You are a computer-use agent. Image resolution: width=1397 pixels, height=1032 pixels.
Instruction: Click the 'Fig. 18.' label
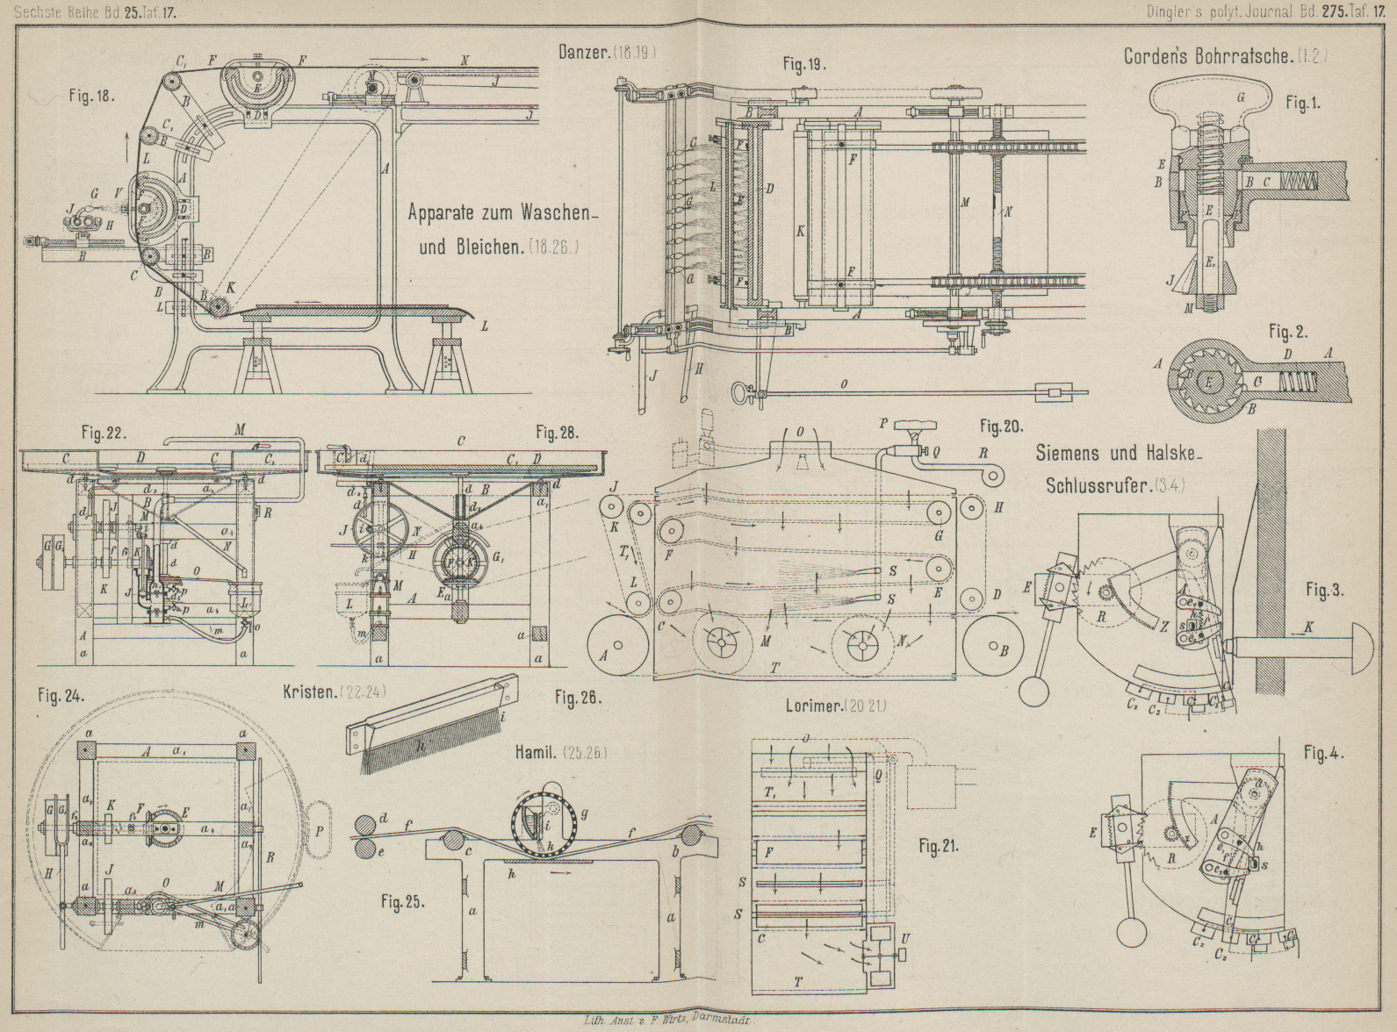[92, 96]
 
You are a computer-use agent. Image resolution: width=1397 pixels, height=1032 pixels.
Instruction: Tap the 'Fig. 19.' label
[804, 64]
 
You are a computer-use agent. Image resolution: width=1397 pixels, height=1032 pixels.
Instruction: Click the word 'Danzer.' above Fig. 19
[584, 53]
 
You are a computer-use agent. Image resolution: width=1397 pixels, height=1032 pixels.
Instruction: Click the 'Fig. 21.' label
[938, 847]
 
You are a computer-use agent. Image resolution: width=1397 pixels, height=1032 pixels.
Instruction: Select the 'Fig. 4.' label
[1324, 753]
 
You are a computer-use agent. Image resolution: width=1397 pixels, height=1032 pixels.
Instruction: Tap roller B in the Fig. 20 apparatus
[994, 648]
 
